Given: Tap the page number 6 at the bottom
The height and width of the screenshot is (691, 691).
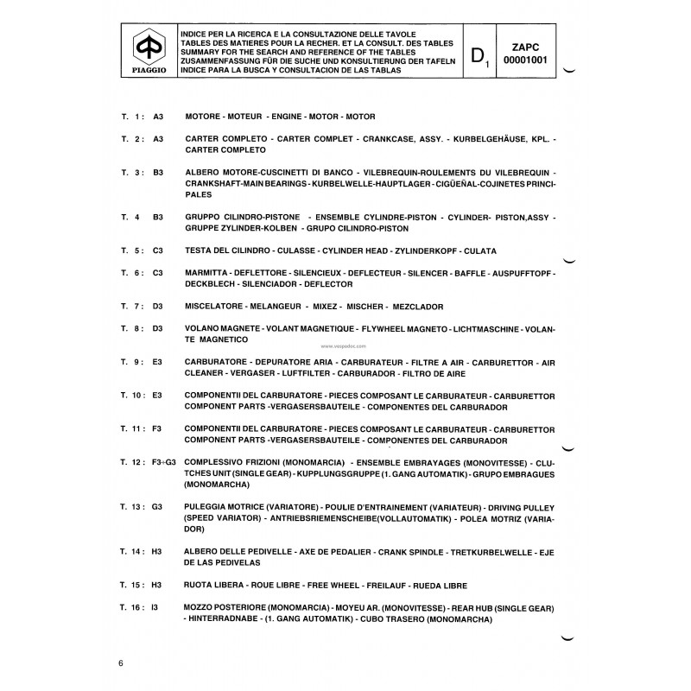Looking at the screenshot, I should pos(122,662).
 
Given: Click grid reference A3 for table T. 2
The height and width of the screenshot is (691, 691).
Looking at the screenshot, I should pos(157,138).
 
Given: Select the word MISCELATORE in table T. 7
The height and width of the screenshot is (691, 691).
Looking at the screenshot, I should pos(213,306).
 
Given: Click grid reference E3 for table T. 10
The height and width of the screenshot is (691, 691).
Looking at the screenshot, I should pos(157,396).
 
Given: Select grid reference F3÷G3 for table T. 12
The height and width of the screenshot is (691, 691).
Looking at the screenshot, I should pos(163,463).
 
